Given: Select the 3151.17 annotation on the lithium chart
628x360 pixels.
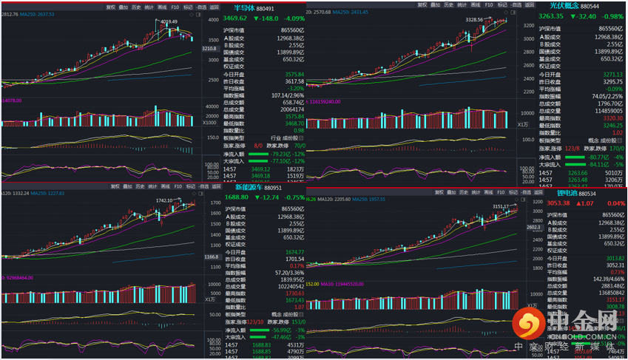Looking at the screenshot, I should pyautogui.click(x=482, y=207).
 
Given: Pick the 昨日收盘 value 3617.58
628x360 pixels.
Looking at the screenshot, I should pyautogui.click(x=294, y=81).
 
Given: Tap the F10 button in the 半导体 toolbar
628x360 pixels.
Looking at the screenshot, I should pyautogui.click(x=175, y=6).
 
